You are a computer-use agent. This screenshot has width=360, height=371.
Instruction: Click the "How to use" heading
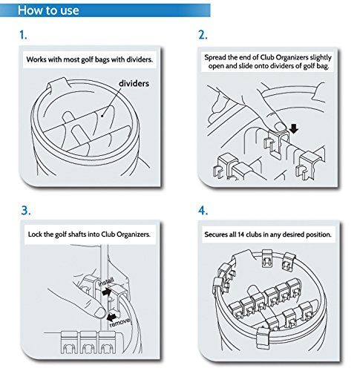48,10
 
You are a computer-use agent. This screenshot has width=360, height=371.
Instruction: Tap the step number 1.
23,35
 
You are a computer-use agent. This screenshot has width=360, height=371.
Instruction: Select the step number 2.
203,35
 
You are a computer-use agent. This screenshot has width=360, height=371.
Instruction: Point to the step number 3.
26,211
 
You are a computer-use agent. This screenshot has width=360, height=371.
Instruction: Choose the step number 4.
203,211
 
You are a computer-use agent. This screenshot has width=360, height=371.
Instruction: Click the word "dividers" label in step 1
134,83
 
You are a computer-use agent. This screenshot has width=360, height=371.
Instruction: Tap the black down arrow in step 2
294,128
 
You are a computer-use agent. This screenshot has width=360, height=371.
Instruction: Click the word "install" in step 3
106,282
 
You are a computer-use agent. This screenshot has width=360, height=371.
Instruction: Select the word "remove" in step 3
120,323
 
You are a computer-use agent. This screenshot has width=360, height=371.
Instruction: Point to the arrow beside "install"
107,292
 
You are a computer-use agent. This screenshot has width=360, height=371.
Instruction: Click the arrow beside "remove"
111,316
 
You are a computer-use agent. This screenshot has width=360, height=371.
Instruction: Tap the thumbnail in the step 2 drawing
281,127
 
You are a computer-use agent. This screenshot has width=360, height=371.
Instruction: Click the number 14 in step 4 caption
241,234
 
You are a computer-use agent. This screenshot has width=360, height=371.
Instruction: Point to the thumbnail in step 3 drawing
100,313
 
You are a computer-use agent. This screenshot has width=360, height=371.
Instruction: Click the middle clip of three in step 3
88,342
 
